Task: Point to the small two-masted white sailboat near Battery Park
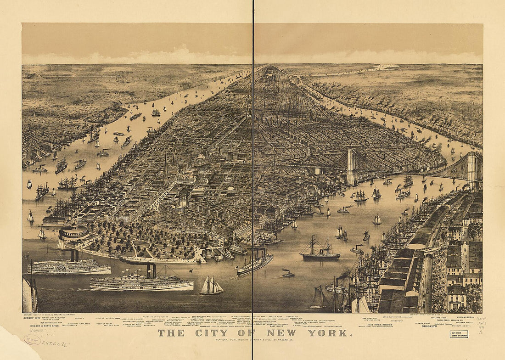[212, 286]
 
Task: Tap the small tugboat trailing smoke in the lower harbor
[288, 274]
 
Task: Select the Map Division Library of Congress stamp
[459, 334]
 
